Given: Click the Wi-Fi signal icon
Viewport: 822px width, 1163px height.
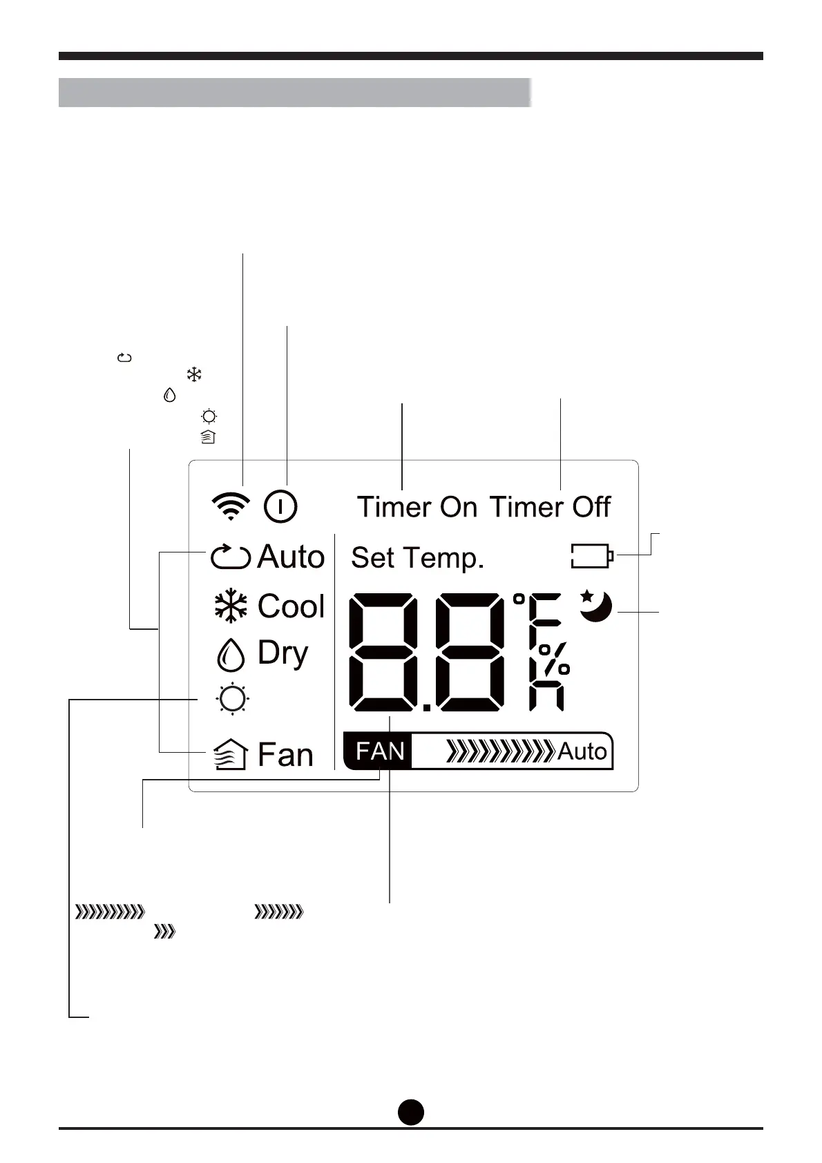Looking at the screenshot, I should pos(231,506).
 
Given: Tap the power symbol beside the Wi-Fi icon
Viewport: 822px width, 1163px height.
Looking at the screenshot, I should pos(280,506).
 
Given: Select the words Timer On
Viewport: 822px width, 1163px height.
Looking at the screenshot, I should pos(417,507).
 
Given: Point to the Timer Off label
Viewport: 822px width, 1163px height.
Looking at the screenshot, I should pos(550,507).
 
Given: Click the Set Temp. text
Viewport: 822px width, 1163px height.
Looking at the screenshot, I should pos(417,558).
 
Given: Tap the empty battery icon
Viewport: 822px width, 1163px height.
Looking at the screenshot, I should pos(592,556).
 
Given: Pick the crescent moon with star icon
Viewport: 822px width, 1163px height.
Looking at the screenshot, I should pos(595,606).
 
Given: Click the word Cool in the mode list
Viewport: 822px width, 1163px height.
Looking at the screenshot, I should pos(291,606).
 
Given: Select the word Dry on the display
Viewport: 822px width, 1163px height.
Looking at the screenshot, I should pos(283,653).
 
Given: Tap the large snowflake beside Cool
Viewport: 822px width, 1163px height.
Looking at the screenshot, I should pos(231,606).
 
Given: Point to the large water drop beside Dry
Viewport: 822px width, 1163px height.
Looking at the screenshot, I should pos(231,654).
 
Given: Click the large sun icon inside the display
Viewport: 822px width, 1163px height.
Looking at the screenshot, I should pos(232,699).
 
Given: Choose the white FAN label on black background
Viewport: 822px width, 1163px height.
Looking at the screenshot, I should pos(380,751).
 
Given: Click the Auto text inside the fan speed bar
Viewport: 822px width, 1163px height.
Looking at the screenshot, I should pos(582,751).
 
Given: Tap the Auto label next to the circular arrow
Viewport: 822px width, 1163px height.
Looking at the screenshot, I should pos(291,557).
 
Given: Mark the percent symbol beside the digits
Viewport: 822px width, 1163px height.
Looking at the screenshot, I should pos(554,660).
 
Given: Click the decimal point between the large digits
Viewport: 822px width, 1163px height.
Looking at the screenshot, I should pos(426,707).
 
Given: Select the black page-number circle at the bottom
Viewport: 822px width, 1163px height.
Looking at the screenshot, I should pos(411,1111).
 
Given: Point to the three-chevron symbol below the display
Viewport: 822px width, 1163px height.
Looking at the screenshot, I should pos(164,932).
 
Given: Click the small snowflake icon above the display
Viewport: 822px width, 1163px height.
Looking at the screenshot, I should pos(194,375).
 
